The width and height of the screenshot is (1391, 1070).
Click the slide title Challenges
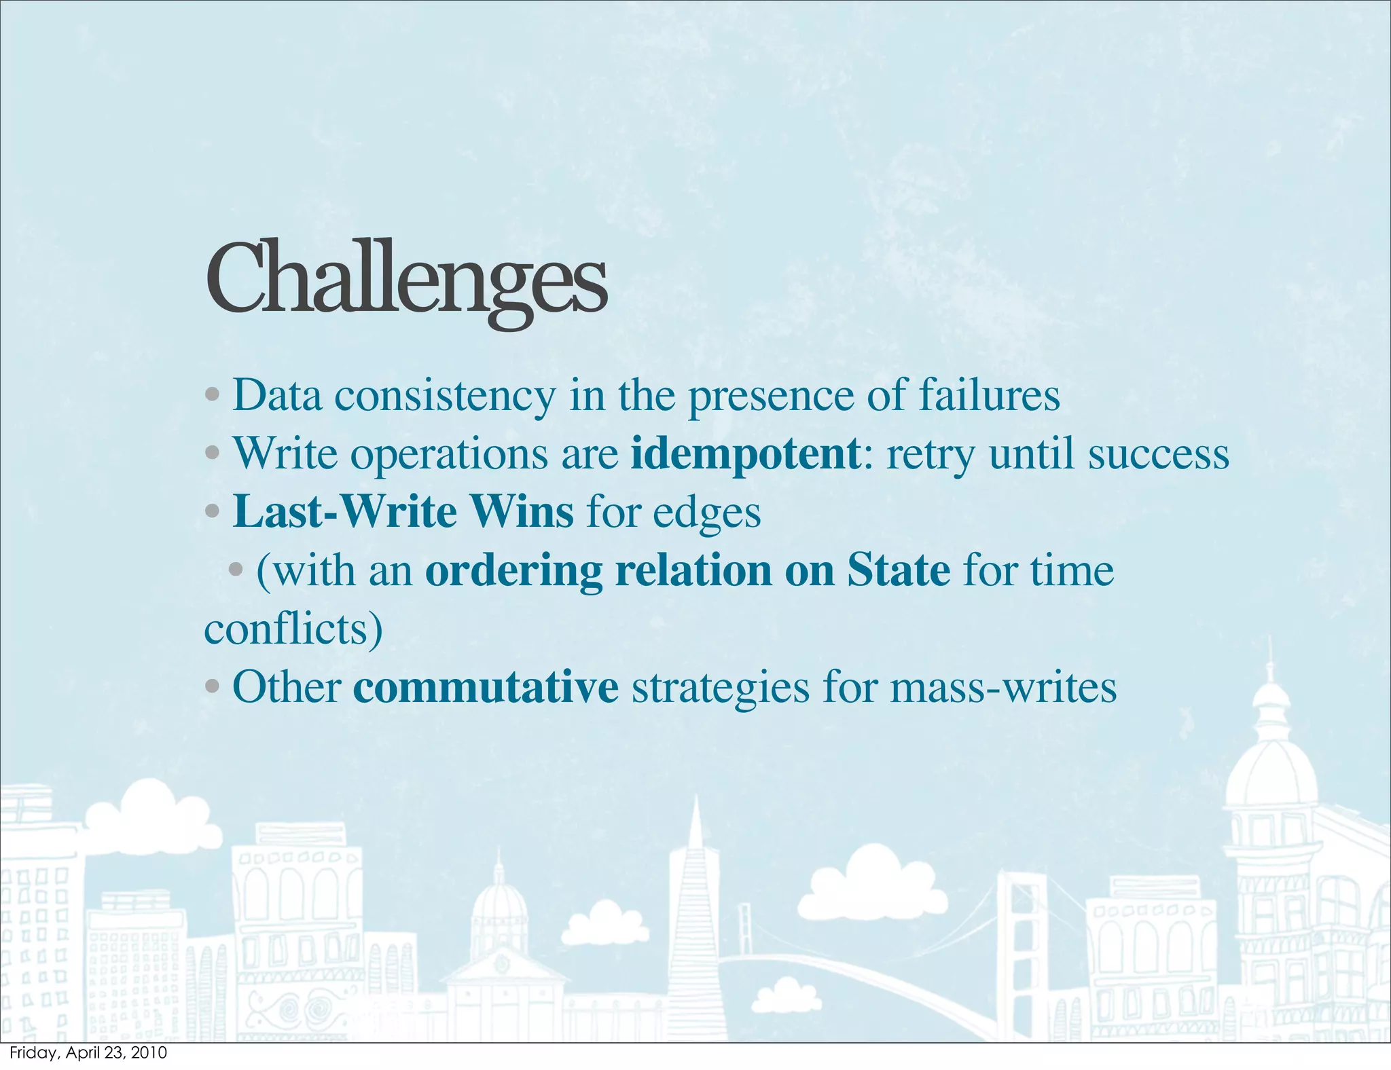pos(405,280)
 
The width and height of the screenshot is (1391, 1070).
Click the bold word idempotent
pos(745,454)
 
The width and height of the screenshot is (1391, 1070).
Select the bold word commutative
pos(486,687)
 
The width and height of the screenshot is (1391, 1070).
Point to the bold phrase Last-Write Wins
pos(403,512)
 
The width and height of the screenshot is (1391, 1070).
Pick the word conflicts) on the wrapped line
pos(293,629)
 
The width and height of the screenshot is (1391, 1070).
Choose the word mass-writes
pos(1003,687)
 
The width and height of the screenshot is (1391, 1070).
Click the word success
pos(1159,454)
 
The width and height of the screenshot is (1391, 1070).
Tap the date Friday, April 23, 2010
pos(88,1053)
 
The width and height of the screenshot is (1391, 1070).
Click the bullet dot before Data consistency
pos(212,394)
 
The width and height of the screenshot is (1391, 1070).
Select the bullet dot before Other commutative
pos(212,687)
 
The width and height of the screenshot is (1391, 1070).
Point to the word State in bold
pos(898,570)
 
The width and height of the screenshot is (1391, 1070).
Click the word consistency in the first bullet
pos(445,396)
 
